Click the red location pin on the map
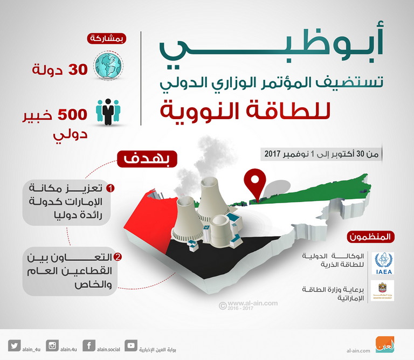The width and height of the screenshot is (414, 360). tap(254, 185)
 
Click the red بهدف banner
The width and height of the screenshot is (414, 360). tap(144, 161)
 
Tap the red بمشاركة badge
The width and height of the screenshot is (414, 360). tap(107, 39)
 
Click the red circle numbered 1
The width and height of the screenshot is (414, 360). tap(111, 189)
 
